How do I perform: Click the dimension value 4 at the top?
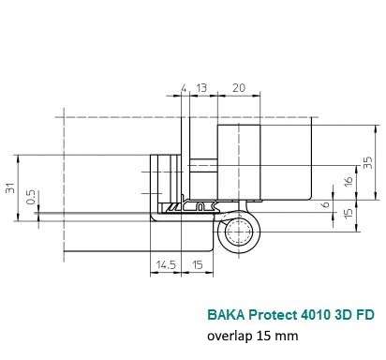coord(184,88)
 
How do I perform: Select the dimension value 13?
coord(201,88)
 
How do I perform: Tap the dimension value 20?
coord(239,88)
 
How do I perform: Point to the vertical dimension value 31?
coord(10,187)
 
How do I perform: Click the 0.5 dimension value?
coord(31,197)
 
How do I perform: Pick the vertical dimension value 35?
coord(368,162)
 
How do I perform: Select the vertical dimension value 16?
coord(349,182)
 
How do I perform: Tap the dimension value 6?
coord(325,204)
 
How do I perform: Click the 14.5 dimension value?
coord(166,265)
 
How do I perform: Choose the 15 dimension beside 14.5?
coord(198,265)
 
